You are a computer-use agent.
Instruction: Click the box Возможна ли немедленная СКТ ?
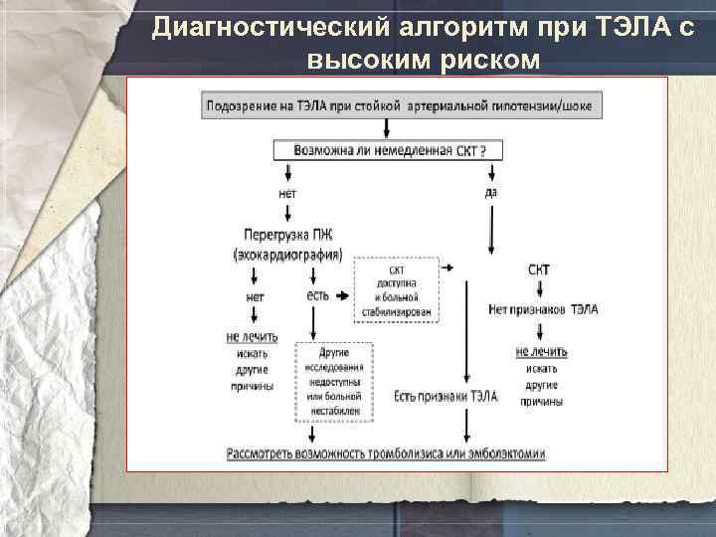tap(388, 150)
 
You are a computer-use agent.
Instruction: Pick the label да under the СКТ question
tap(491, 192)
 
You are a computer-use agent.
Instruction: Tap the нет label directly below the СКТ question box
tap(287, 193)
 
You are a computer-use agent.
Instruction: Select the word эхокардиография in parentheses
tap(287, 255)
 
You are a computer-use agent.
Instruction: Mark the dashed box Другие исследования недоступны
tap(334, 381)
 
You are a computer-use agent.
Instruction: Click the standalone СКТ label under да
tap(538, 269)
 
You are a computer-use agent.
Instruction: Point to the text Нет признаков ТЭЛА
tap(543, 310)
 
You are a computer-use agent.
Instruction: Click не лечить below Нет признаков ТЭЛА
tap(541, 351)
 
